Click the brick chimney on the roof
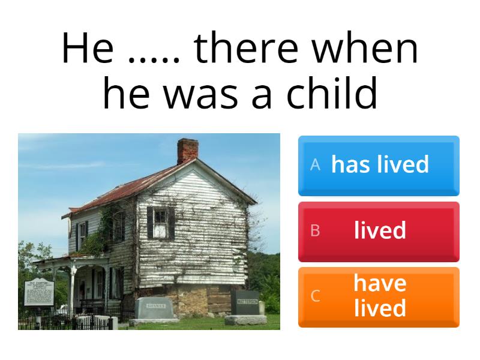coord(187,151)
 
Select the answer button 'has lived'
coord(379,165)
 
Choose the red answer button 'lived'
coord(379,231)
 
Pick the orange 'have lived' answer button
coord(379,296)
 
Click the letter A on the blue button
coord(315,165)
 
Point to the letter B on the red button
coord(315,231)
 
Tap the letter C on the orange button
coord(315,296)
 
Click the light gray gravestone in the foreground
coord(154,309)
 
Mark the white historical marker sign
coord(38,293)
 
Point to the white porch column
coord(71,291)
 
